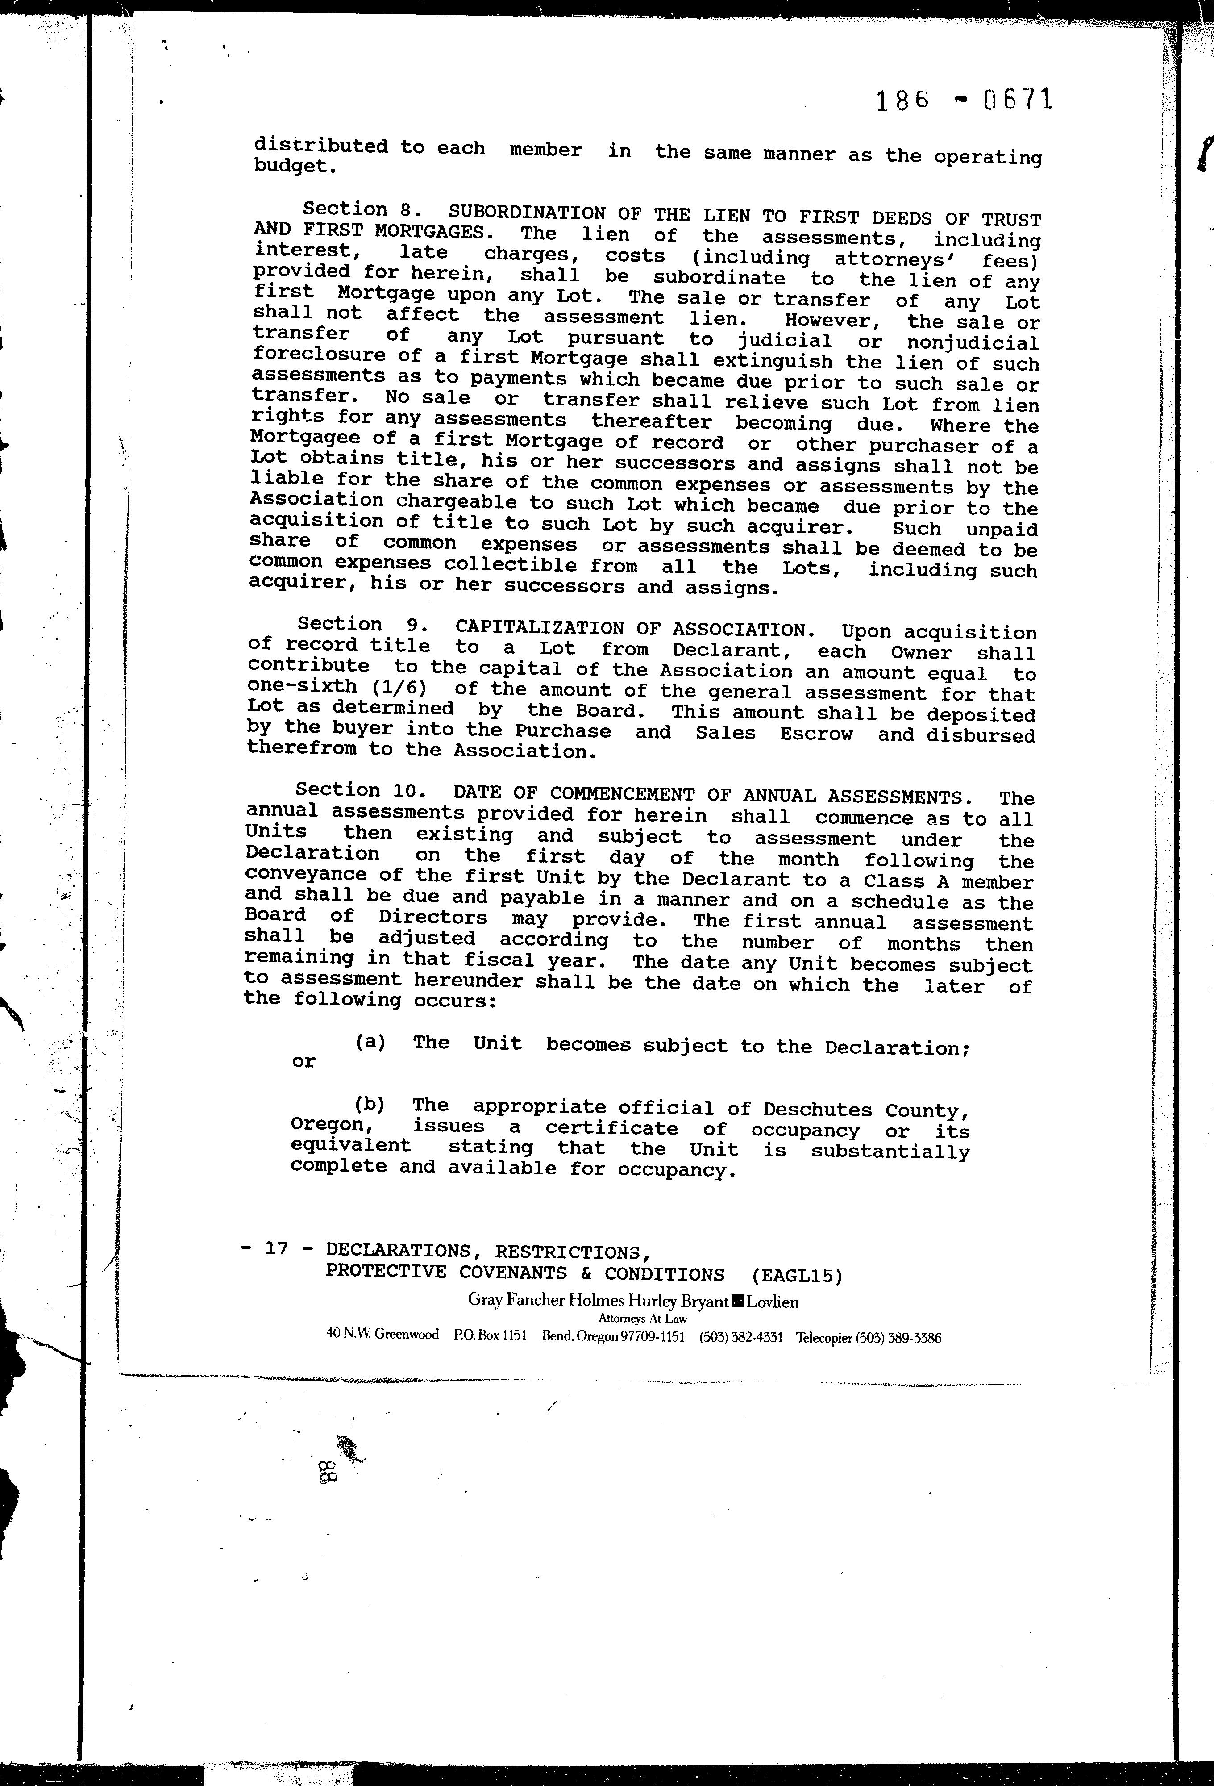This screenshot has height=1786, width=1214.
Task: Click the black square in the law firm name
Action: [738, 1301]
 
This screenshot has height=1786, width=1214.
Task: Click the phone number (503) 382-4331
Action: [741, 1337]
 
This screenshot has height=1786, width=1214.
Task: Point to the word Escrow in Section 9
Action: [816, 734]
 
